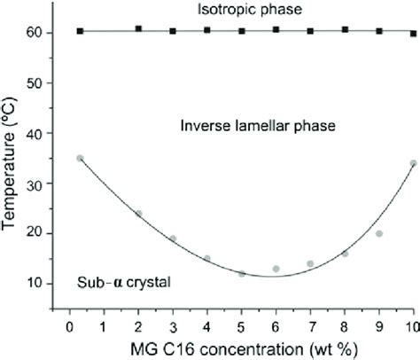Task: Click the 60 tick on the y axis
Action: pyautogui.click(x=43, y=33)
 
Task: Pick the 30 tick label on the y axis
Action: pyautogui.click(x=43, y=184)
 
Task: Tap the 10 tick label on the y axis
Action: pyautogui.click(x=43, y=284)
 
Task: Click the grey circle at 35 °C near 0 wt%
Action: pyautogui.click(x=80, y=158)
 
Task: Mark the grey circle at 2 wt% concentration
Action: pyautogui.click(x=138, y=214)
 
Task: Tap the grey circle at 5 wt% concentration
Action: pyautogui.click(x=242, y=274)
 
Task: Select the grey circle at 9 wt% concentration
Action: pyautogui.click(x=378, y=234)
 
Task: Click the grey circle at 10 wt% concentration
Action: pyautogui.click(x=413, y=163)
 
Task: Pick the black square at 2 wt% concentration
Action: pyautogui.click(x=138, y=29)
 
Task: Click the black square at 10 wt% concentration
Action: pyautogui.click(x=413, y=34)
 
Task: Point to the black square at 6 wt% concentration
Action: pyautogui.click(x=276, y=30)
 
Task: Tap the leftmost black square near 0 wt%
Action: pyautogui.click(x=80, y=31)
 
